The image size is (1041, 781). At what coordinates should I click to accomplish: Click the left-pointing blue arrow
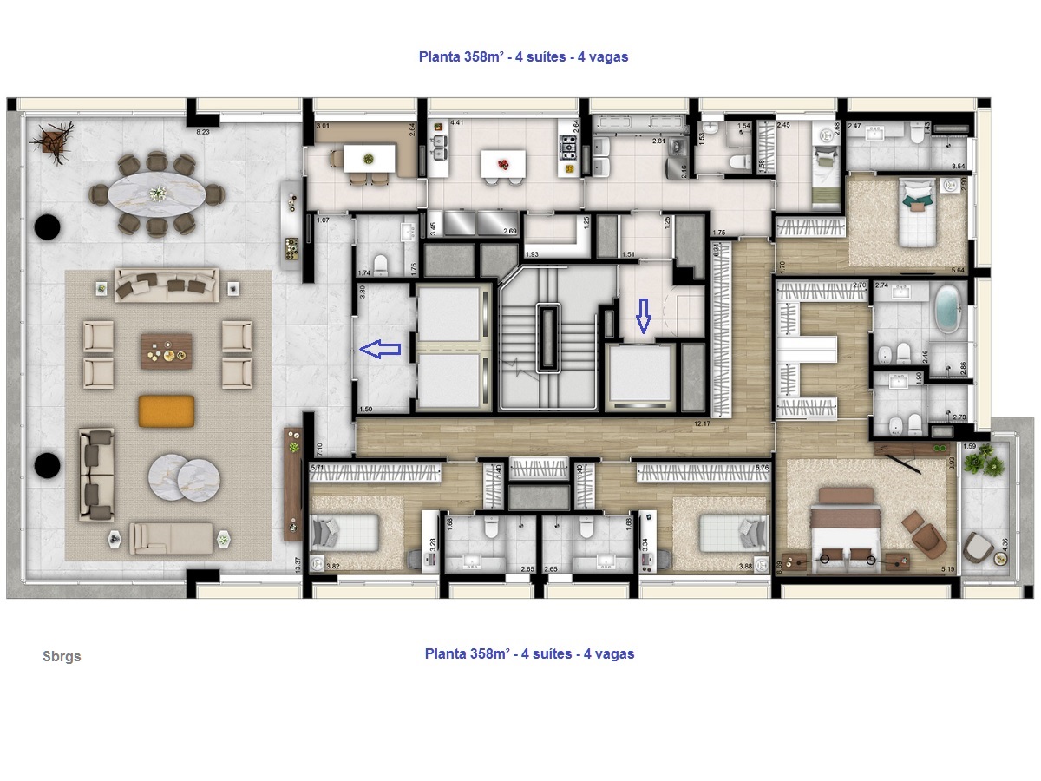click(379, 350)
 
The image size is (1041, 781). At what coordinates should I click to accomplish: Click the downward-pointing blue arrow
click(643, 317)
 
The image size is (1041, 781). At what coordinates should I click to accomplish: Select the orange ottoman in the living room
click(167, 410)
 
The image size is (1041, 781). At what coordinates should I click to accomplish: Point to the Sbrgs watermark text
click(62, 656)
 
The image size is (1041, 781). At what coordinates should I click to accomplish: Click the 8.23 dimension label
click(203, 132)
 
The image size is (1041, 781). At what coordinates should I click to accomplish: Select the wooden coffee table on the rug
click(167, 351)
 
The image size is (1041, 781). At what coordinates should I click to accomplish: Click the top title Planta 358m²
click(523, 56)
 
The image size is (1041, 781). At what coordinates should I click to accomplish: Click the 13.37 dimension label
click(298, 564)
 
